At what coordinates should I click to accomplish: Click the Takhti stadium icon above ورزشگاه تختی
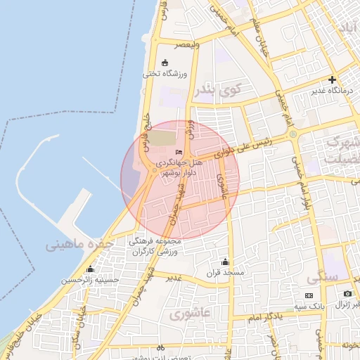pyautogui.click(x=165, y=62)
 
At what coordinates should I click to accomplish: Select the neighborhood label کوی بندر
pyautogui.click(x=220, y=89)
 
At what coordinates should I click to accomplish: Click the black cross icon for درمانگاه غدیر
pyautogui.click(x=332, y=79)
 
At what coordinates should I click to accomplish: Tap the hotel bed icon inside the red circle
pyautogui.click(x=179, y=153)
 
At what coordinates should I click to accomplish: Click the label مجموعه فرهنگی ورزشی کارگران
pyautogui.click(x=155, y=246)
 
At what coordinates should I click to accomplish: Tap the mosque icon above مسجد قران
pyautogui.click(x=225, y=261)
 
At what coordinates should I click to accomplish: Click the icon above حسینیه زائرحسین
pyautogui.click(x=90, y=269)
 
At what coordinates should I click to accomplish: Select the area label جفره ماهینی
pyautogui.click(x=75, y=245)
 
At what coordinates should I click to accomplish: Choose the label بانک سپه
pyautogui.click(x=309, y=305)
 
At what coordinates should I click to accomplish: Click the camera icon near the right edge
pyautogui.click(x=347, y=293)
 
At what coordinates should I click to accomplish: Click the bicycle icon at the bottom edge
pyautogui.click(x=160, y=348)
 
